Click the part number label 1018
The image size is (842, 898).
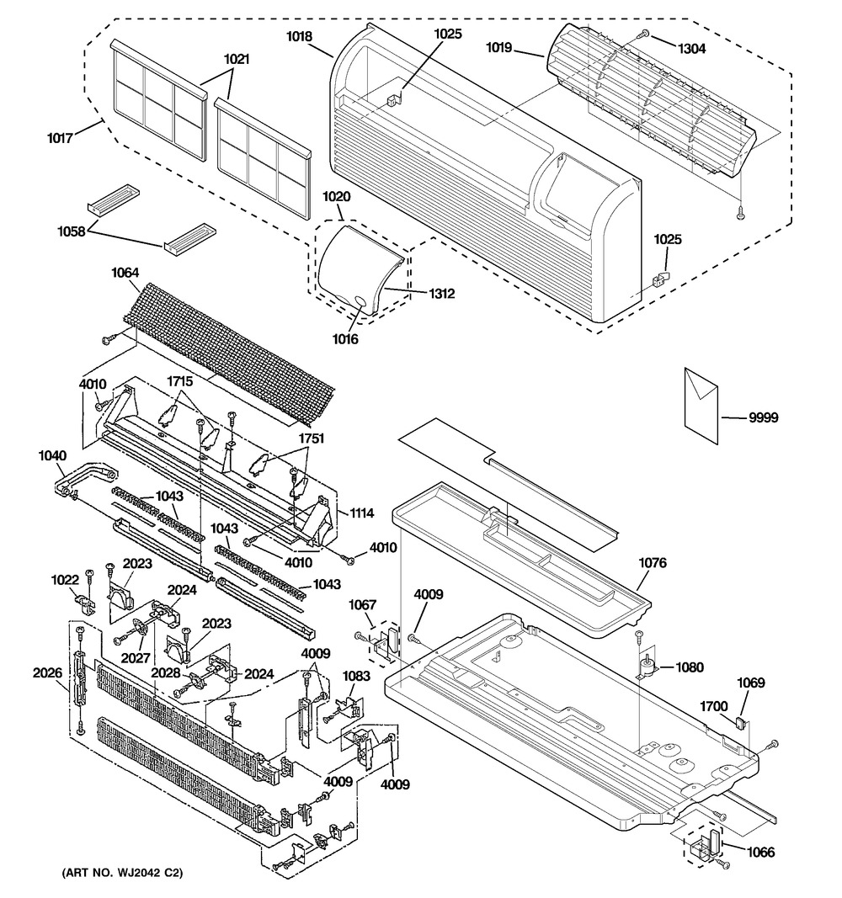tap(299, 37)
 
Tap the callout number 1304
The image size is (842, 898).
tap(691, 50)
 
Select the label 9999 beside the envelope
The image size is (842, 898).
tap(764, 417)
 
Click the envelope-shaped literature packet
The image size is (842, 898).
tap(701, 404)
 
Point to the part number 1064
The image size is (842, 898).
tap(125, 273)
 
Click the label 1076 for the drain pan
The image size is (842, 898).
tap(653, 563)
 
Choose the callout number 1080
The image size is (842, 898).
tap(690, 667)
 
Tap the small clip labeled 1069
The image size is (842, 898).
tap(740, 723)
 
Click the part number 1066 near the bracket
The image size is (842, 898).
tap(760, 853)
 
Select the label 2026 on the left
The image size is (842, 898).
tap(47, 672)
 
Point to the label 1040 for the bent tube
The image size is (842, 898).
tap(52, 456)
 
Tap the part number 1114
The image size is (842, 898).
tap(362, 513)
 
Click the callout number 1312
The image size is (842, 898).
tap(441, 294)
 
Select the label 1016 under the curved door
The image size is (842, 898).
tap(345, 339)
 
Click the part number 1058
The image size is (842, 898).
tap(71, 231)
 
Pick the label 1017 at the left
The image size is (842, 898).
tap(60, 138)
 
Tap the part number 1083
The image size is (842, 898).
tap(356, 676)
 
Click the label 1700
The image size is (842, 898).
tap(714, 707)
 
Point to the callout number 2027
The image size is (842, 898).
tap(136, 659)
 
